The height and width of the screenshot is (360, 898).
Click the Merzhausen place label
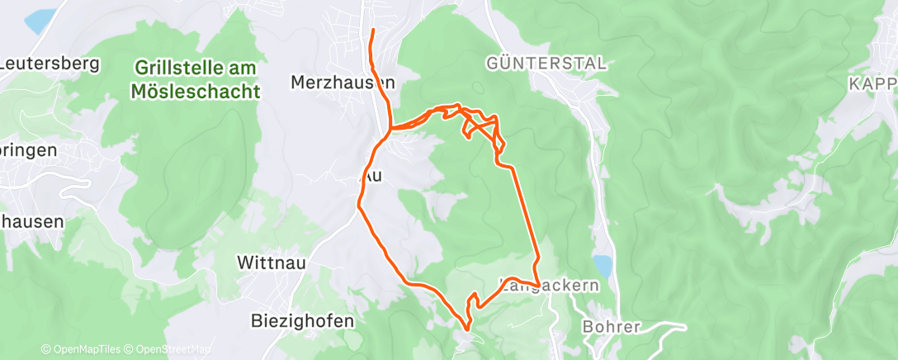(x=343, y=83)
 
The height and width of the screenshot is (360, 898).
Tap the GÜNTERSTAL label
(x=546, y=63)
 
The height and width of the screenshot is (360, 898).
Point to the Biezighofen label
(x=302, y=321)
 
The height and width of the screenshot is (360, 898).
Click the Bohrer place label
(x=612, y=326)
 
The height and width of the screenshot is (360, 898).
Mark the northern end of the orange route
(x=373, y=31)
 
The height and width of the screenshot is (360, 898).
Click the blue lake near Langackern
(x=603, y=266)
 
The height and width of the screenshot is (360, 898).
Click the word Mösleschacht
(x=196, y=90)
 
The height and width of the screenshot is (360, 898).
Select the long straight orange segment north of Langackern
(x=526, y=215)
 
